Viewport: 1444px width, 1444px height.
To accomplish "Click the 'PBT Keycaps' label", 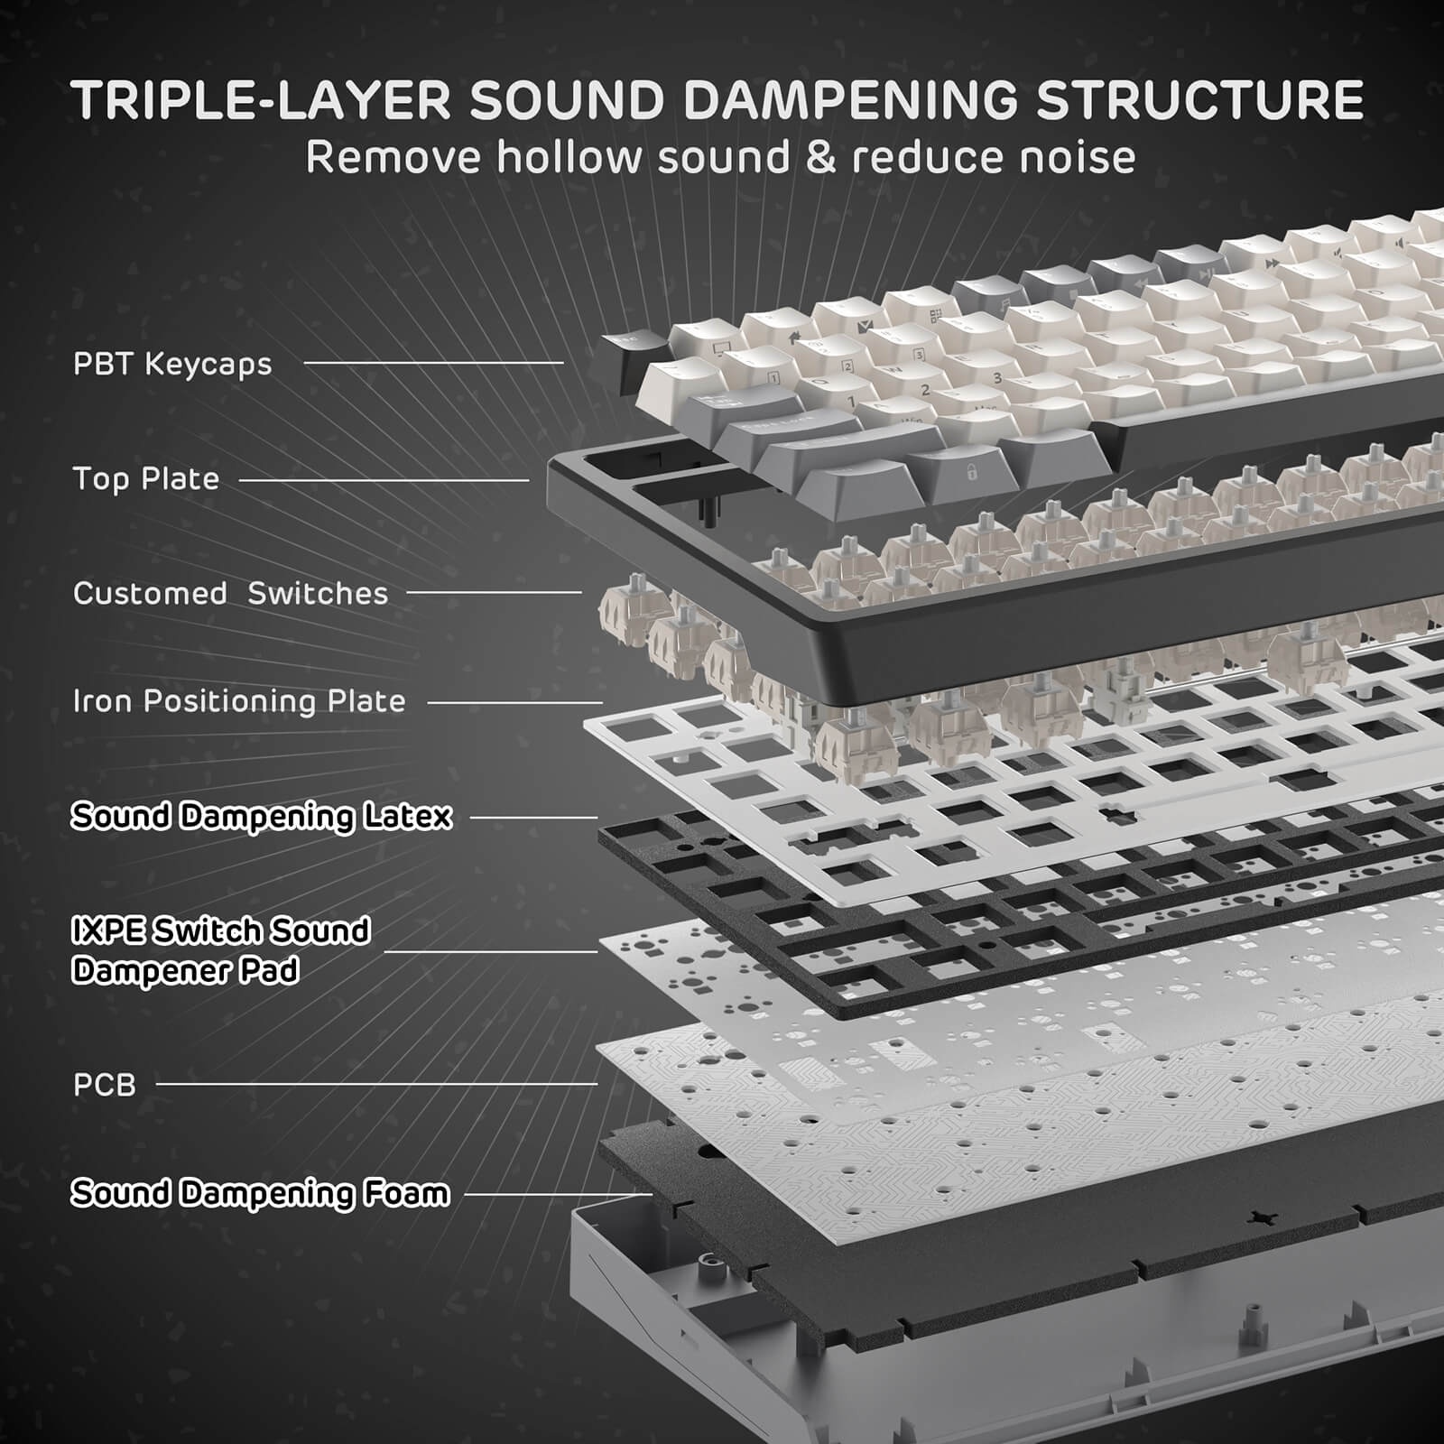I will point(172,365).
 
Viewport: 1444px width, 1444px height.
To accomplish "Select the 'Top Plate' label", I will point(146,479).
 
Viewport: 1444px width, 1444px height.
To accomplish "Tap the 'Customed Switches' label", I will point(230,594).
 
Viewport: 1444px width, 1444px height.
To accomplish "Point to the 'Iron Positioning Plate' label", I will point(239,701).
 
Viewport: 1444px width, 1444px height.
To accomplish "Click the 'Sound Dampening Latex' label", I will point(262,817).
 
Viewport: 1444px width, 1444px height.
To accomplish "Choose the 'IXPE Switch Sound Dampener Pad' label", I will point(221,950).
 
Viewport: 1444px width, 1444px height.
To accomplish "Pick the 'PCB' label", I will point(105,1085).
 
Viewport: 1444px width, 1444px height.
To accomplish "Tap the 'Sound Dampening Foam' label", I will point(260,1194).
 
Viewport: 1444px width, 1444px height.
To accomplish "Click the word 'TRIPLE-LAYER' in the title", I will point(262,100).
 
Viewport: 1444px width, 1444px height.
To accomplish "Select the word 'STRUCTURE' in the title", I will point(1199,100).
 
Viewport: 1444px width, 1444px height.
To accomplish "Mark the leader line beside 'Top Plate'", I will point(384,480).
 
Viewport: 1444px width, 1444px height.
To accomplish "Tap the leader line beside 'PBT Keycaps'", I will point(433,364).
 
